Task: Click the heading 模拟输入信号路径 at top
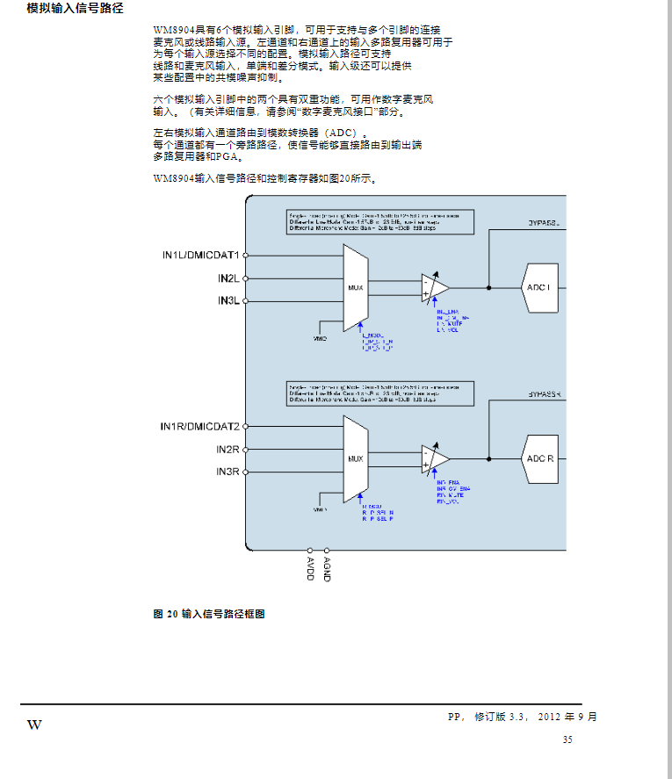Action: pos(75,10)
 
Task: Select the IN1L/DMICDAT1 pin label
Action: pos(199,255)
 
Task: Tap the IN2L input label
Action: pos(228,278)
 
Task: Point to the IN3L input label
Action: pos(228,301)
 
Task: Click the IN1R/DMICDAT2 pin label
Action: pos(199,427)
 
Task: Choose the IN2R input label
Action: pos(228,450)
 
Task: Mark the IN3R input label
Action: pos(228,472)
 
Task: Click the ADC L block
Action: pos(538,287)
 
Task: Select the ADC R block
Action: pos(539,458)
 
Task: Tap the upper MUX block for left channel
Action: pos(355,287)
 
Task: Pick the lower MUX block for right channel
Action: pos(355,458)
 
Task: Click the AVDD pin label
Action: pos(310,568)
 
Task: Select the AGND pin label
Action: pos(327,568)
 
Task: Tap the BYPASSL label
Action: pos(546,223)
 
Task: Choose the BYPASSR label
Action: pos(546,394)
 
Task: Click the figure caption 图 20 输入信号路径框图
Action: pos(209,613)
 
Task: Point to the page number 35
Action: pos(567,740)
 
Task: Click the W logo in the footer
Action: pos(34,725)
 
